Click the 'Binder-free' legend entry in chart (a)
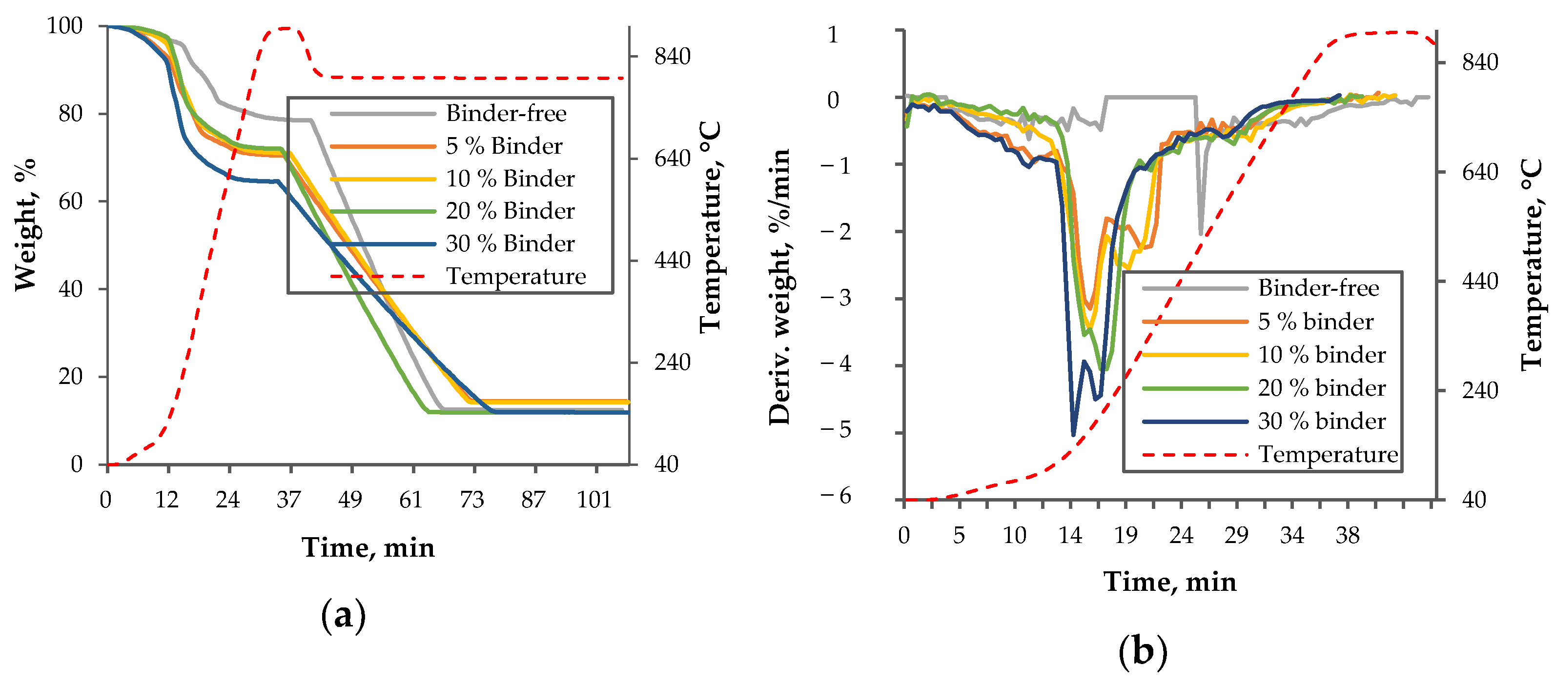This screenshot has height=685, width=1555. (x=506, y=114)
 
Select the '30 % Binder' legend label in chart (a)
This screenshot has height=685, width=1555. (x=510, y=244)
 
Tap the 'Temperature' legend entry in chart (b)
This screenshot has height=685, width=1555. (x=1328, y=454)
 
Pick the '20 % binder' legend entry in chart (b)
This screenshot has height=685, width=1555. (x=1321, y=388)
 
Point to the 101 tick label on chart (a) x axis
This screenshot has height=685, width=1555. (x=594, y=500)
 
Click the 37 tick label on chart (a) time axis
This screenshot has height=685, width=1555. (x=288, y=500)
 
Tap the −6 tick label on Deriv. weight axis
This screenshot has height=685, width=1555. (x=836, y=496)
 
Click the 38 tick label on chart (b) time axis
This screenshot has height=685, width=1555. (x=1348, y=535)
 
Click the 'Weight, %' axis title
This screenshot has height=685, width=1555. (x=26, y=224)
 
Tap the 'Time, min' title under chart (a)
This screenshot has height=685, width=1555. (x=368, y=548)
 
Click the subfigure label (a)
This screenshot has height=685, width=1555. (x=343, y=616)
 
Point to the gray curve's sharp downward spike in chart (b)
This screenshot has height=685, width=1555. (x=1201, y=232)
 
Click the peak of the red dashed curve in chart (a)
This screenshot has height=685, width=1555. (x=285, y=28)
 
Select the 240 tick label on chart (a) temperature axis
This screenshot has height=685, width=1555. (x=672, y=363)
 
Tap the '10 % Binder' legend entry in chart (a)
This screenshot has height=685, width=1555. (x=510, y=179)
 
